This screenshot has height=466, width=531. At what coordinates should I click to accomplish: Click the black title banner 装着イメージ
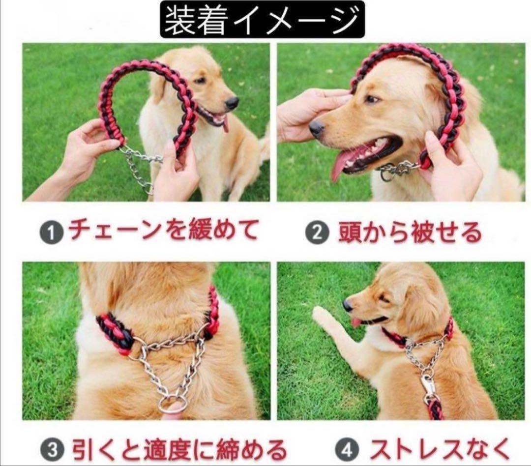tap(262, 19)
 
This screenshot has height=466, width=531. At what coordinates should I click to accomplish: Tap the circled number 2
tap(317, 233)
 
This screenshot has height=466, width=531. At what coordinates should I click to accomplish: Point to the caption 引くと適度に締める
tap(179, 448)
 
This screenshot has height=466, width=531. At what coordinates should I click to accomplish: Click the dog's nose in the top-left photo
tap(232, 102)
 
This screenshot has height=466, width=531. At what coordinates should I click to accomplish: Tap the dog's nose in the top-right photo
tap(316, 129)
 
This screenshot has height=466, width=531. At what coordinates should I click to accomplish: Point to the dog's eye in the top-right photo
tap(371, 99)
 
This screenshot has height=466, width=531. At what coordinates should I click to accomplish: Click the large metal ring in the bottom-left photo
tap(173, 407)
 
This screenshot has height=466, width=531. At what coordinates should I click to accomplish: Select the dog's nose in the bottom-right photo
tap(348, 305)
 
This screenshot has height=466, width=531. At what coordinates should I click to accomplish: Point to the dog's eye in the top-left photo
tap(200, 80)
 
